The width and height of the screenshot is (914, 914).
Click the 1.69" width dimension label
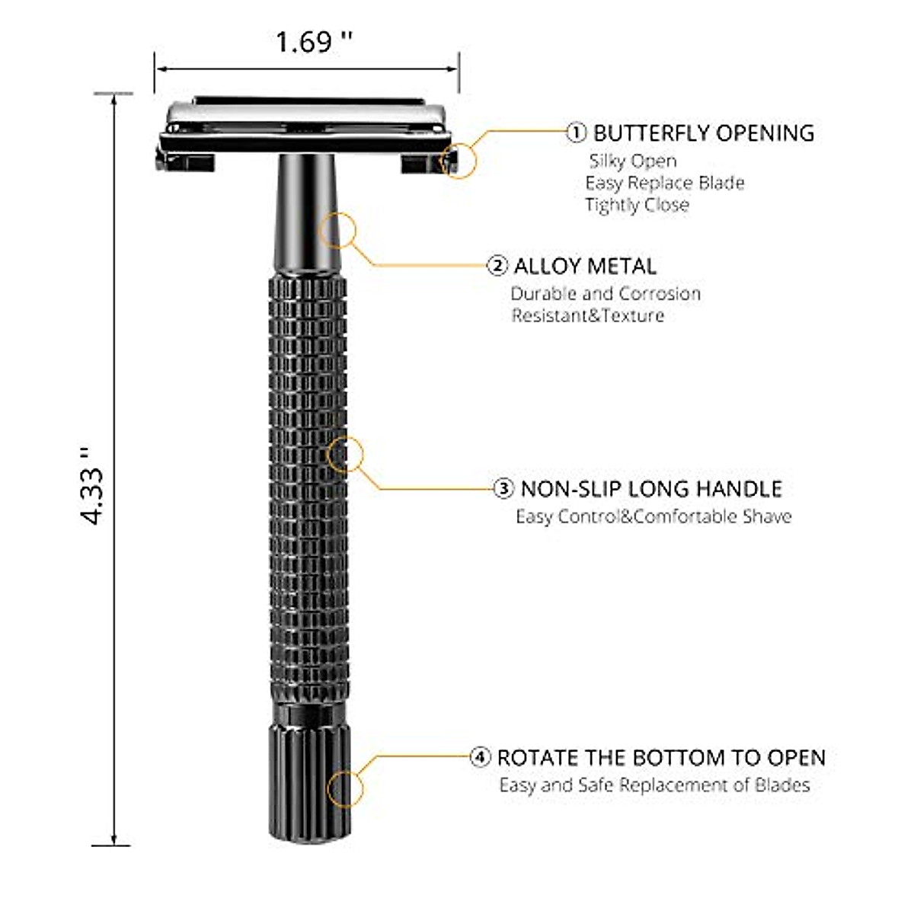point(314,42)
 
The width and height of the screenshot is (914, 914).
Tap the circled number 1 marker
point(577,133)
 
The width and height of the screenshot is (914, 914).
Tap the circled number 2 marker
point(497,266)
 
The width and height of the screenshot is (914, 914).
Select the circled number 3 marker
point(504,488)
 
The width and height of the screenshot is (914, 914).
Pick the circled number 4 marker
point(480,758)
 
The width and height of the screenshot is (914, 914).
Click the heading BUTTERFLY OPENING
point(704,133)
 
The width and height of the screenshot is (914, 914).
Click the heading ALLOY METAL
point(585,266)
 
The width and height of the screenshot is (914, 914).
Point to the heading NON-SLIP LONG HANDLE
point(651,488)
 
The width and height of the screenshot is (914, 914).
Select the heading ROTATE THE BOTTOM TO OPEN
point(661,758)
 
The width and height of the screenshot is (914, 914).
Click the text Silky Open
point(632,161)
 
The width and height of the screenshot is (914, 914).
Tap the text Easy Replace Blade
point(664,183)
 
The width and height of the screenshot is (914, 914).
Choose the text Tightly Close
point(637,205)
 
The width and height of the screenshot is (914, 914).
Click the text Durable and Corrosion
point(606,294)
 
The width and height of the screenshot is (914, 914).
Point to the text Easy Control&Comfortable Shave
point(654,516)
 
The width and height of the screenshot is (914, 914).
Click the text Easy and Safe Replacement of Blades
point(654,785)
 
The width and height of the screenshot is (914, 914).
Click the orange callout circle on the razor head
point(458,160)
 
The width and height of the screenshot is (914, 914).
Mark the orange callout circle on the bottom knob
point(347,787)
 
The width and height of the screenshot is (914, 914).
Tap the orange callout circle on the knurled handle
point(345,455)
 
